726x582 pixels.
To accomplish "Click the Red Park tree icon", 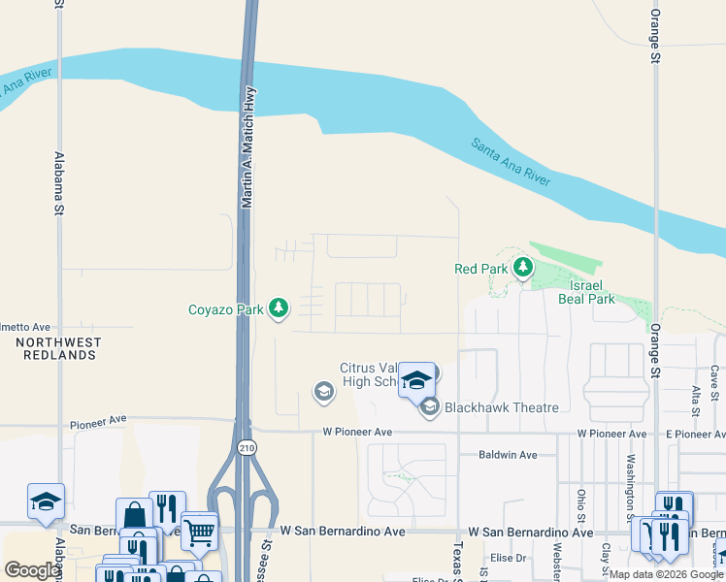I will (523, 267).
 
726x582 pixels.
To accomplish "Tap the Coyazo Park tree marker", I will (280, 308).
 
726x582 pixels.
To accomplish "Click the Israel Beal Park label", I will (586, 293).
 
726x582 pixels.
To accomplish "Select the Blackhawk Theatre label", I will (501, 407).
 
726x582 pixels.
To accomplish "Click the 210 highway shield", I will (247, 447).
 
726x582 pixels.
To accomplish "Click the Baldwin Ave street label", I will (508, 455).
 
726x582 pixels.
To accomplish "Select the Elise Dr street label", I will (508, 558).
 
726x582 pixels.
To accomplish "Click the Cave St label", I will (713, 381).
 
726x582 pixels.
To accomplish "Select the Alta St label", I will (696, 400).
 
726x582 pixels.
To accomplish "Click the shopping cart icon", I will (199, 530).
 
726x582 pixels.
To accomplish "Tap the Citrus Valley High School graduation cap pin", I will (416, 380).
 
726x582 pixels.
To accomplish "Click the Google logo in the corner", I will (32, 570).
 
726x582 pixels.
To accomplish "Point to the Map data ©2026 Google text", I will (667, 574).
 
